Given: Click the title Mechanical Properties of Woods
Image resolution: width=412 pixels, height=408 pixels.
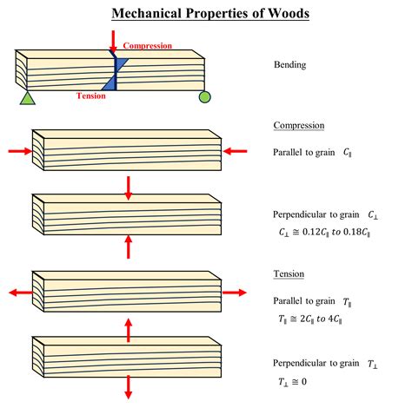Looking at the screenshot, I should point(206,14).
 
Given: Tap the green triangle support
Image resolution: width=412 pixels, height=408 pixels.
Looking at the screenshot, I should point(27,98).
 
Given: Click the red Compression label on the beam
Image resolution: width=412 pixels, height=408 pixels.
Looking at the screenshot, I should point(149,45).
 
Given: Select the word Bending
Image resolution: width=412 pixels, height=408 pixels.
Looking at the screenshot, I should point(290,65).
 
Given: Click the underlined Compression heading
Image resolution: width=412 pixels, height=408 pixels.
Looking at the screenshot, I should point(299,126).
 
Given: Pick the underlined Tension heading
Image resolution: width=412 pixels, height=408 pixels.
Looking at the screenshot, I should point(288,273).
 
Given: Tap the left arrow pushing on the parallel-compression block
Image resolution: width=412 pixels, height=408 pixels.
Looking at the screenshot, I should point(19,151).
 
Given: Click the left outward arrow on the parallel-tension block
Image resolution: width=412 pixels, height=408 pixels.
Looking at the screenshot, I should point(18,293).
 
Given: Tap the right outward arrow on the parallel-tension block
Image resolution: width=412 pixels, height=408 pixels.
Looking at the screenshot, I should point(235,293).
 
